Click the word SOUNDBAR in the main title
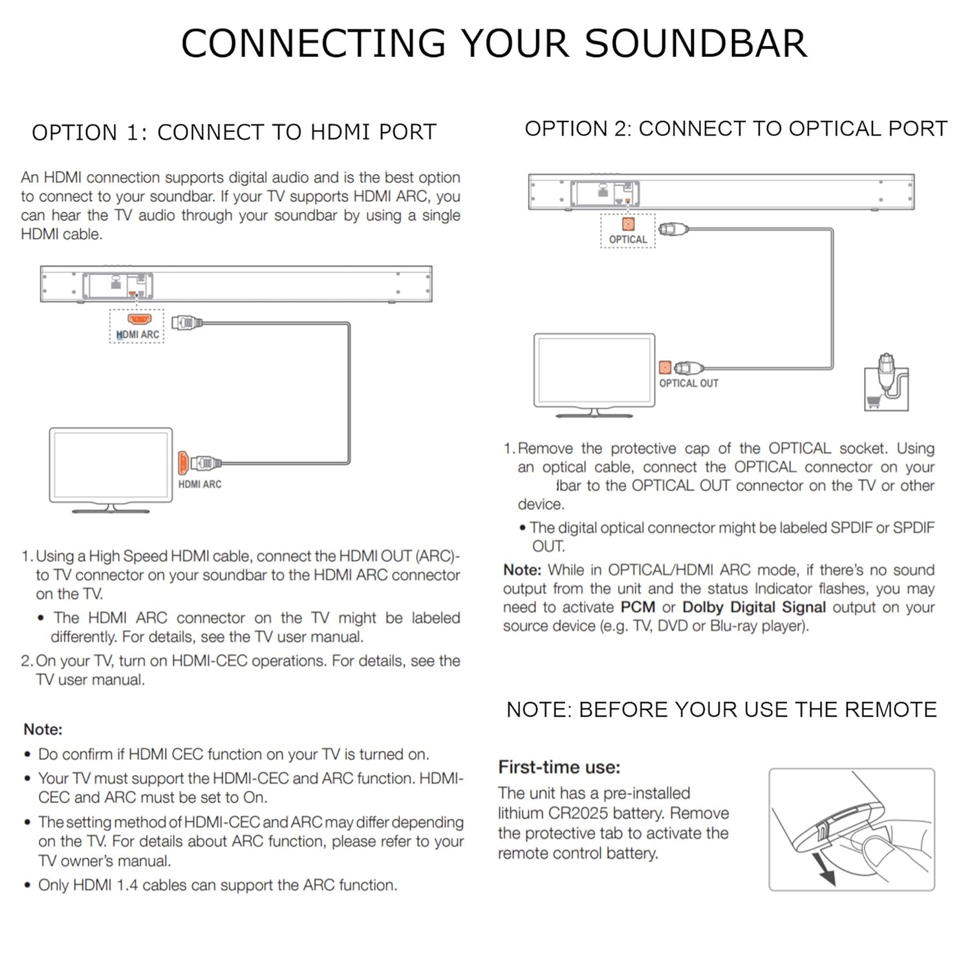(696, 44)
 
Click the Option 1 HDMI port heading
(234, 133)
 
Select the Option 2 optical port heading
(735, 129)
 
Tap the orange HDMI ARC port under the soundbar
(139, 319)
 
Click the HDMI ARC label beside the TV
(200, 484)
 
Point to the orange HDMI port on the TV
(183, 463)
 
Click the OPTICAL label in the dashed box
(628, 239)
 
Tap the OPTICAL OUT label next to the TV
(689, 383)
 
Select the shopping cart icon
(874, 402)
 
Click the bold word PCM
(638, 607)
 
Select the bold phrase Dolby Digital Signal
(754, 607)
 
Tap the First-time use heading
(559, 768)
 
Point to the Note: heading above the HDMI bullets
(43, 729)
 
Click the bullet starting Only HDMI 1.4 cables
(217, 885)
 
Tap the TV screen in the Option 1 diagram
(111, 464)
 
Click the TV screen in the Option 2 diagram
(594, 370)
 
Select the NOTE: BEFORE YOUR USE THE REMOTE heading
(722, 710)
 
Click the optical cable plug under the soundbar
(673, 229)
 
